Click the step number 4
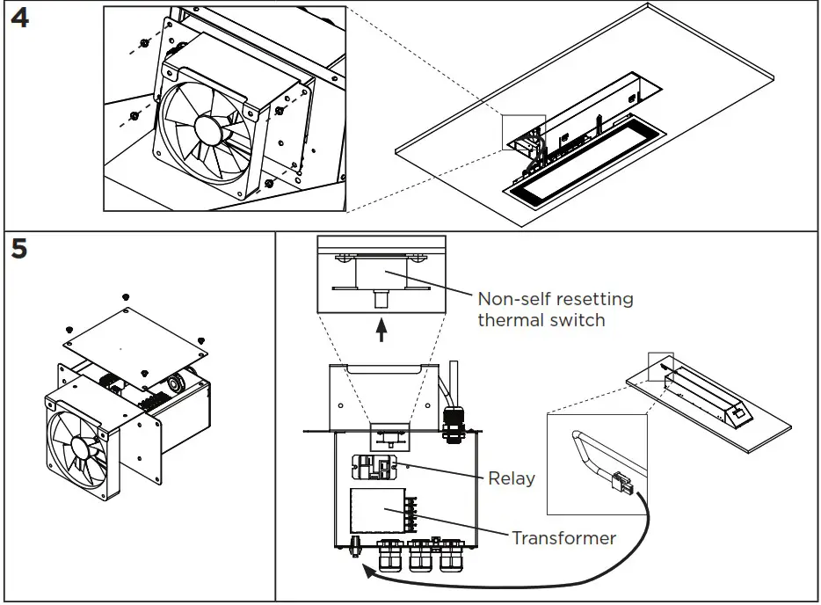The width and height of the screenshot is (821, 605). click(18, 18)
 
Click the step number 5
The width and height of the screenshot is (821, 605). click(18, 249)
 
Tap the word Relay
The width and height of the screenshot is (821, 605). click(512, 479)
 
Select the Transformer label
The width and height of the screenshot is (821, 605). click(563, 537)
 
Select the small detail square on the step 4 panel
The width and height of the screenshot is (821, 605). click(523, 132)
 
